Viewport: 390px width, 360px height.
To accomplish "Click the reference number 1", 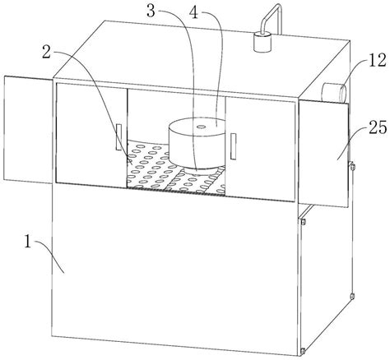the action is click(28, 242).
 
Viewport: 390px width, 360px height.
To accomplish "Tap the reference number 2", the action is click(46, 53).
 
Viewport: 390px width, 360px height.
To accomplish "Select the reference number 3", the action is click(151, 12).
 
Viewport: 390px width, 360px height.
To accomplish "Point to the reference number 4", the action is click(194, 12).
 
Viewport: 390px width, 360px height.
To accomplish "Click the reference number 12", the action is click(377, 61).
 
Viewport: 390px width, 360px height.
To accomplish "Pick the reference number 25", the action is click(378, 127).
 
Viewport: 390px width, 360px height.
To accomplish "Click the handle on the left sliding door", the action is click(118, 137).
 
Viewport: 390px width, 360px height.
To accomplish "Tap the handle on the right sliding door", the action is click(234, 146).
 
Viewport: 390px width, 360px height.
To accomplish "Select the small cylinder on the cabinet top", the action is click(262, 42).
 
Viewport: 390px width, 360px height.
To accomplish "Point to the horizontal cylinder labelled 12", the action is click(334, 93).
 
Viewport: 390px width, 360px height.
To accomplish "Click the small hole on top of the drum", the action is click(201, 127).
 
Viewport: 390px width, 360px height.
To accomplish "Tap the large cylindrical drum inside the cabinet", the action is click(197, 142).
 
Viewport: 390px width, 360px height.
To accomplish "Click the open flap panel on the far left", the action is click(28, 129).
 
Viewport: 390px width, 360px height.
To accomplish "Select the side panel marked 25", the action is click(323, 154).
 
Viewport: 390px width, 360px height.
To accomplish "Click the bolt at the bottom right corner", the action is click(303, 350).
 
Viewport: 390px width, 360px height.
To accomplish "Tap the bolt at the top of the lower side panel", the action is click(303, 222).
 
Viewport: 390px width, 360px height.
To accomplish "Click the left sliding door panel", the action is click(91, 135).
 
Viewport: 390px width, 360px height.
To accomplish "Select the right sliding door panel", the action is click(260, 150).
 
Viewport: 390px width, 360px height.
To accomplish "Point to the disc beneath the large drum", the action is click(201, 170).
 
